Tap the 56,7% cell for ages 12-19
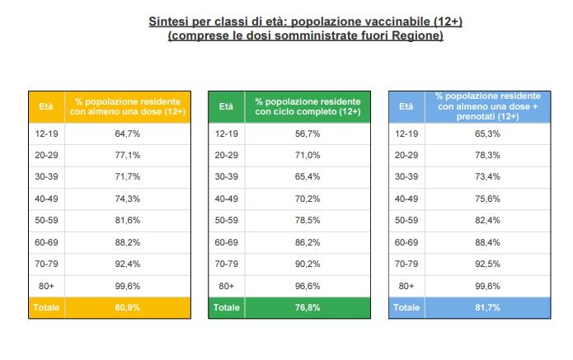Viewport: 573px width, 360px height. [x=308, y=133]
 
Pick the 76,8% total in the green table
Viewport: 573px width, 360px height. [x=308, y=308]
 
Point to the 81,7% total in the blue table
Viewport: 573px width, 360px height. [x=488, y=308]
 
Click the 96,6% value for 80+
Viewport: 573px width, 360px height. [x=308, y=286]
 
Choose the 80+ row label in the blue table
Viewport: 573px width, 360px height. [x=406, y=286]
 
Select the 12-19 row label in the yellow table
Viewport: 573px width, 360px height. [x=46, y=133]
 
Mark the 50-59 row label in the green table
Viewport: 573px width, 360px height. [x=227, y=221]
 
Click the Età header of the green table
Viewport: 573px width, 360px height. [x=227, y=106]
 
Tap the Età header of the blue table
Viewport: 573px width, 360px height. [x=406, y=106]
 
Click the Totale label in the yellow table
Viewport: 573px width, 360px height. [x=46, y=308]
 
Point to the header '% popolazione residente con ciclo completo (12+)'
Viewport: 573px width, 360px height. [x=308, y=106]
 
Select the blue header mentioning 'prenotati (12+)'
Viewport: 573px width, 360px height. [x=488, y=106]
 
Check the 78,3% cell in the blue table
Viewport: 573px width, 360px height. [x=488, y=155]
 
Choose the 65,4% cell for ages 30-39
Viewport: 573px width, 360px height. [x=308, y=177]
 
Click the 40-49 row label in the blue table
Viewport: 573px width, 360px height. [x=406, y=199]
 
